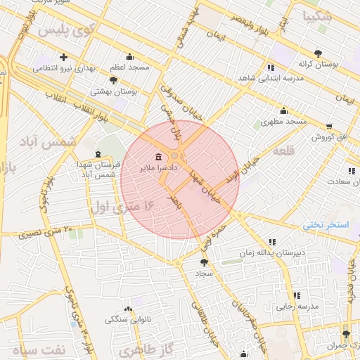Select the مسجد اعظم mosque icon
129,57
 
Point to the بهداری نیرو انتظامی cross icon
64,57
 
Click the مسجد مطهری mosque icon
283,110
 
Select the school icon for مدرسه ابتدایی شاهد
270,67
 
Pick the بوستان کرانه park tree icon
319,53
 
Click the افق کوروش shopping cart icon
329,127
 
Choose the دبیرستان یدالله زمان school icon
272,241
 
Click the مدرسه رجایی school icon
296,295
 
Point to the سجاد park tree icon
204,262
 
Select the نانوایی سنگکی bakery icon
127,309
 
